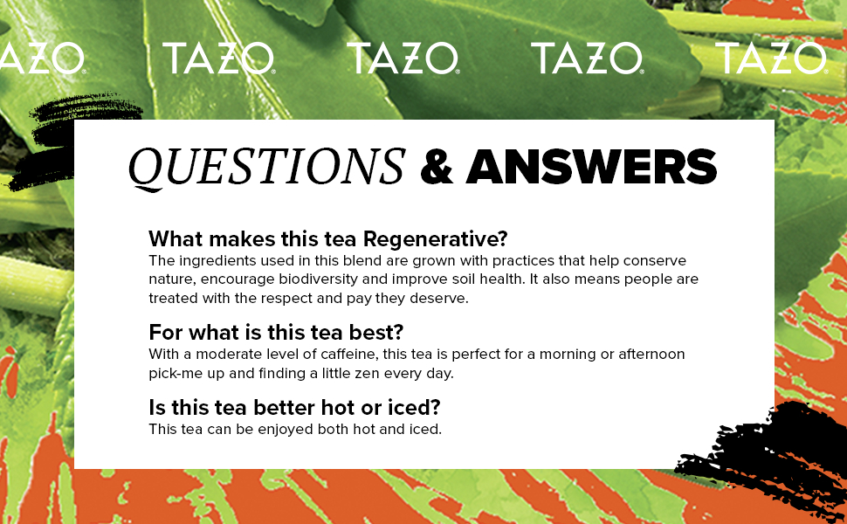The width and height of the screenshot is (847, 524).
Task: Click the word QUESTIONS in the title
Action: tap(267, 167)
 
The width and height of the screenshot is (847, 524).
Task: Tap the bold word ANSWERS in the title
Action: tap(591, 167)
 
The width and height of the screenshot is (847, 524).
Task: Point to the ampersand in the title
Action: tap(437, 167)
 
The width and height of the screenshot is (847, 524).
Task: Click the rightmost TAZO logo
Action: tap(771, 58)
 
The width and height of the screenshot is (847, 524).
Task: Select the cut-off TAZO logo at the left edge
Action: tap(42, 58)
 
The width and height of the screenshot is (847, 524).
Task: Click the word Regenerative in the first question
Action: tap(436, 238)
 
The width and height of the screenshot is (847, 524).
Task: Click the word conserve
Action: tap(654, 261)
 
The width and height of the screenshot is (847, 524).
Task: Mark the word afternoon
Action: tap(651, 355)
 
